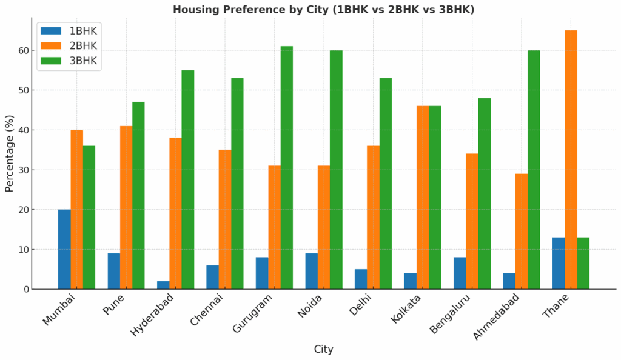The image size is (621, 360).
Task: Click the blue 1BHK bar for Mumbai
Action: pos(64,249)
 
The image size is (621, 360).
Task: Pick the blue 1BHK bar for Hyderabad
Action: pos(163,285)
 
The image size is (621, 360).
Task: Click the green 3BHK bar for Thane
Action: pos(583,263)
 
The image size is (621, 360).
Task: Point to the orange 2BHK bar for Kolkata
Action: pos(422,198)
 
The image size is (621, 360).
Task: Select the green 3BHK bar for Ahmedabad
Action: pos(534,170)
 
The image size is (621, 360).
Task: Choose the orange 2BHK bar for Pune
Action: pos(126,207)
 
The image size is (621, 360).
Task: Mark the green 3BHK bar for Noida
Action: pos(336,170)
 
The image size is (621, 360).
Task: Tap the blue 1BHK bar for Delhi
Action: pos(361,279)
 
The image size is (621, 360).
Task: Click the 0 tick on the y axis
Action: pos(26,289)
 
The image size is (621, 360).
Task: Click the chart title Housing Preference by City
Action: pos(323,9)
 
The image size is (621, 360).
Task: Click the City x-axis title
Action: pos(323,349)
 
